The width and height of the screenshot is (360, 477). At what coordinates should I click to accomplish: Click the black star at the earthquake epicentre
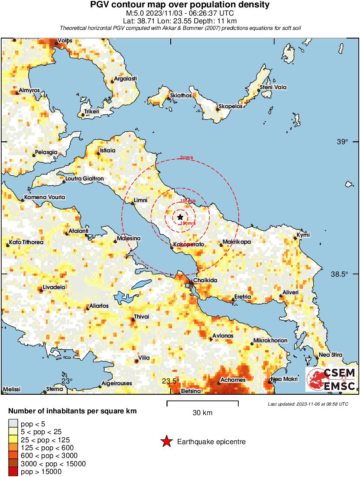[x=180, y=217]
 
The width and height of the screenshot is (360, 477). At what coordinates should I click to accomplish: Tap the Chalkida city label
[x=205, y=280]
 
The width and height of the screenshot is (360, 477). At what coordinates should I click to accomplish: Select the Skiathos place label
[x=181, y=95]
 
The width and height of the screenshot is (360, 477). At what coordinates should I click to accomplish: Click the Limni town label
[x=141, y=200]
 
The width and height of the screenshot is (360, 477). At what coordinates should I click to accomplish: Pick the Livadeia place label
[x=54, y=287]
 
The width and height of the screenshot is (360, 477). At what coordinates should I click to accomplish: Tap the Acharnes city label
[x=233, y=380]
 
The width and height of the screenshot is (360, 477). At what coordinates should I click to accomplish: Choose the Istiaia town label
[x=107, y=151]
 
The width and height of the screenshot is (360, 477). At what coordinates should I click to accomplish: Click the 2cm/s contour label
[x=187, y=158]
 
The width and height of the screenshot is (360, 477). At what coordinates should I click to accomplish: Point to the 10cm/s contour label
[x=188, y=201]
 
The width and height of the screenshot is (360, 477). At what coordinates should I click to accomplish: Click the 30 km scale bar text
[x=202, y=413]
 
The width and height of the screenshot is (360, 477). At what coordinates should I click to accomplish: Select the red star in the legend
[x=166, y=442]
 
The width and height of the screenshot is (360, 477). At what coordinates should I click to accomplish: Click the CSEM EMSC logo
[x=331, y=380]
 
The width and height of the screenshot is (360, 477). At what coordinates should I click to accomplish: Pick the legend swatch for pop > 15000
[x=14, y=471]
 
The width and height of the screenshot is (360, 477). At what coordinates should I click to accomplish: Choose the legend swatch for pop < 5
[x=14, y=424]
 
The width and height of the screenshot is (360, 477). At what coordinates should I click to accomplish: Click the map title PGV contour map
[x=180, y=5]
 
